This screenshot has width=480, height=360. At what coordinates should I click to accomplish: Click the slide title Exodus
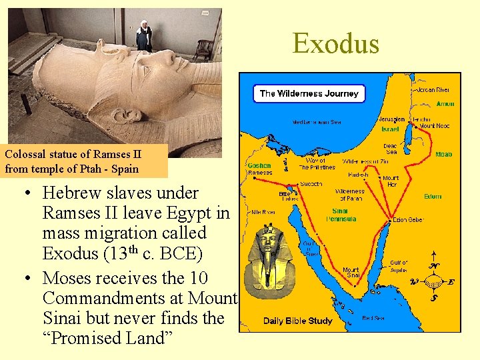pos(335,44)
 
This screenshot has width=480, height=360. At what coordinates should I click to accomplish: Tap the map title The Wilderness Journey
pos(309,93)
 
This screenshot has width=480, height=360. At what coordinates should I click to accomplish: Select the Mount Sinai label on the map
pos(351,273)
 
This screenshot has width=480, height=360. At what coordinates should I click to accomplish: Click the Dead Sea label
pos(390,149)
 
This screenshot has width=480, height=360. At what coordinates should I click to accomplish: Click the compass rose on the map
pos(433,280)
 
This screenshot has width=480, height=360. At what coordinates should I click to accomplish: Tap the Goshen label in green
pos(259,165)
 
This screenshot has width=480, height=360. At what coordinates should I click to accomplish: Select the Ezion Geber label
pos(408,220)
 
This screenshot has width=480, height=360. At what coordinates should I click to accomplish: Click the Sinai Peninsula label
pos(345,215)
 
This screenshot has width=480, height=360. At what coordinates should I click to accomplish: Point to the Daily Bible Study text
pos(297,321)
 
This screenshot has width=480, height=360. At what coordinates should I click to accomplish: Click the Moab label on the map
pos(443,154)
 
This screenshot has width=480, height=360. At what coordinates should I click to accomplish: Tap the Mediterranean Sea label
pos(317,123)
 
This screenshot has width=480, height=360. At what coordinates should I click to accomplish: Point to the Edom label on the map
pos(433,197)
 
